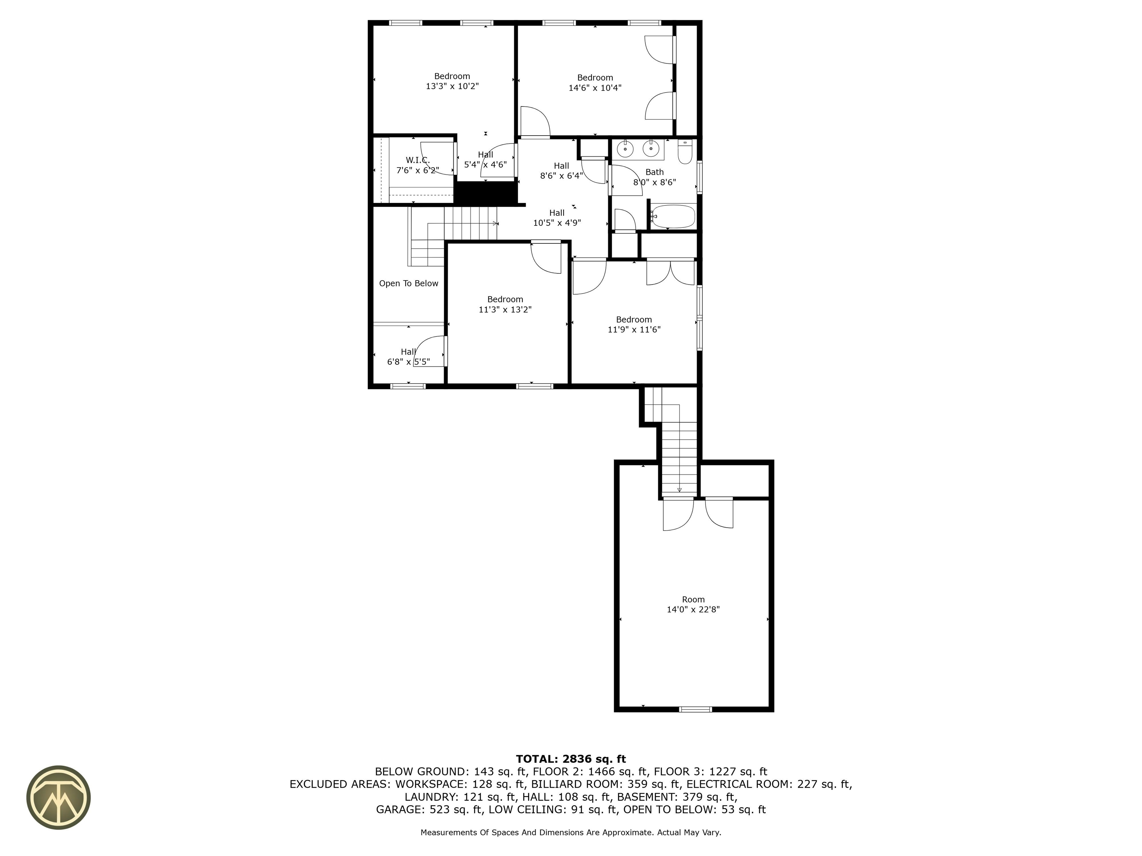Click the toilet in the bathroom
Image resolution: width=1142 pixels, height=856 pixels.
click(x=685, y=151)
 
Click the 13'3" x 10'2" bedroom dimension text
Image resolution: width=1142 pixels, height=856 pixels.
click(x=452, y=86)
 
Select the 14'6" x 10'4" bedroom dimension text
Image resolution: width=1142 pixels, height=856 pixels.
click(x=595, y=88)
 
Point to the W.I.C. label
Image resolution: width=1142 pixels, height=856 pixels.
click(x=418, y=160)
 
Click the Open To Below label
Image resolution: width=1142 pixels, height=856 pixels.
click(x=409, y=283)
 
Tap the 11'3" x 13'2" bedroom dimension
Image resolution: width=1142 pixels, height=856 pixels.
click(x=505, y=309)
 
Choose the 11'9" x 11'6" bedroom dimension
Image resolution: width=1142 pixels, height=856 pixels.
click(x=634, y=330)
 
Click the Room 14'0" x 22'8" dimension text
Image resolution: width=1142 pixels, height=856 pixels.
click(x=693, y=609)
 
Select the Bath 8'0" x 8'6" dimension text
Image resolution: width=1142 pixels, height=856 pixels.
click(x=655, y=182)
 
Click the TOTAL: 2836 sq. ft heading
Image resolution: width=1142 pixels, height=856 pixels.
click(x=571, y=759)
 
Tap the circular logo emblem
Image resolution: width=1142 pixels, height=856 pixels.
click(x=58, y=797)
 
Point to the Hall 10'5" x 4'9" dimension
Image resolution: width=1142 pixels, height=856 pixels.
click(x=557, y=223)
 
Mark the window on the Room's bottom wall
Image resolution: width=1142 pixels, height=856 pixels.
click(x=696, y=709)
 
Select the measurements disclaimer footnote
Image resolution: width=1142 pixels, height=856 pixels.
click(x=571, y=832)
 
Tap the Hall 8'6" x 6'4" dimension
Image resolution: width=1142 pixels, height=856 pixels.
click(x=561, y=175)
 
